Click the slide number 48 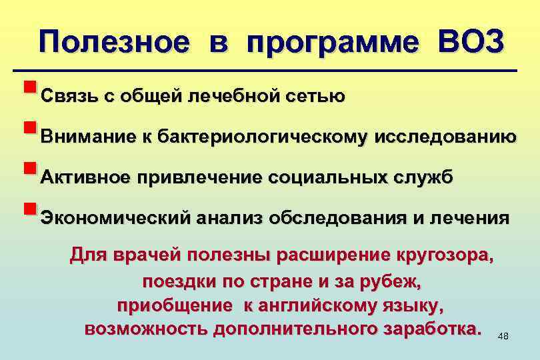point(503,336)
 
